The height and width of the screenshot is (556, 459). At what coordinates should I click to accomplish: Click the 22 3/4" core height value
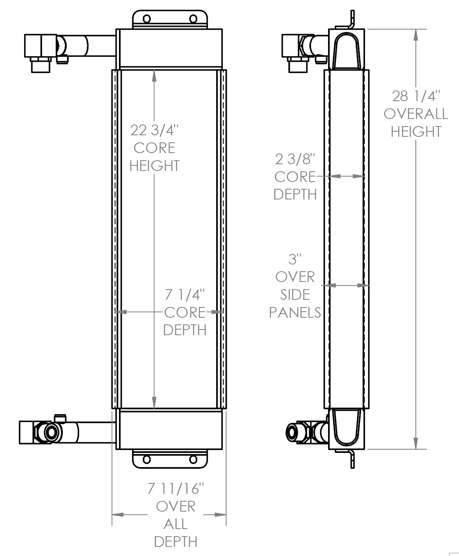click(155, 130)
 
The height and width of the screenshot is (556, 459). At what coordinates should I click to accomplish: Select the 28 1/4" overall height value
click(416, 96)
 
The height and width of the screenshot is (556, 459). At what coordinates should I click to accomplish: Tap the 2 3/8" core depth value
click(295, 159)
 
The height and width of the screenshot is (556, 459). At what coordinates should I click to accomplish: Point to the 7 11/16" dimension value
click(175, 489)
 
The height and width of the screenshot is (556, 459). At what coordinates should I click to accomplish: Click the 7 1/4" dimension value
click(185, 295)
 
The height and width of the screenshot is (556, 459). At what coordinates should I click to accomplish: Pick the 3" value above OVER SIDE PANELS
click(295, 259)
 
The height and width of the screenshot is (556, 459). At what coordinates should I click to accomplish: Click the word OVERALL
click(416, 114)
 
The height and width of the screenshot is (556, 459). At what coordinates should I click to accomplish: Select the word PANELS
click(295, 312)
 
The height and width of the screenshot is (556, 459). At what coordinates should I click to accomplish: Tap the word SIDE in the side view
click(295, 294)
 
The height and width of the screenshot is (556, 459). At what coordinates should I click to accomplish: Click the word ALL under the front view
click(175, 524)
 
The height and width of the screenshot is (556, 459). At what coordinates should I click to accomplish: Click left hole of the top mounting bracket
click(146, 19)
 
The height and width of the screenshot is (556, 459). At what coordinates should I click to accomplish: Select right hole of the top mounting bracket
click(193, 19)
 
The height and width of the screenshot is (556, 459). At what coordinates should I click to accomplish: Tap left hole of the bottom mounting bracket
click(146, 460)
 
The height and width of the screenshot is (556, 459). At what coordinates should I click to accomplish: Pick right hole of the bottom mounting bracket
click(193, 460)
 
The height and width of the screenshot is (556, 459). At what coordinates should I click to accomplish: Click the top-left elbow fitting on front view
click(41, 46)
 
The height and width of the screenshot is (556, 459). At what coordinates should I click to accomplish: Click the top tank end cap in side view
click(347, 50)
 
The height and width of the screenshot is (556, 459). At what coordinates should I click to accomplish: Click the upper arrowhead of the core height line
click(154, 76)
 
